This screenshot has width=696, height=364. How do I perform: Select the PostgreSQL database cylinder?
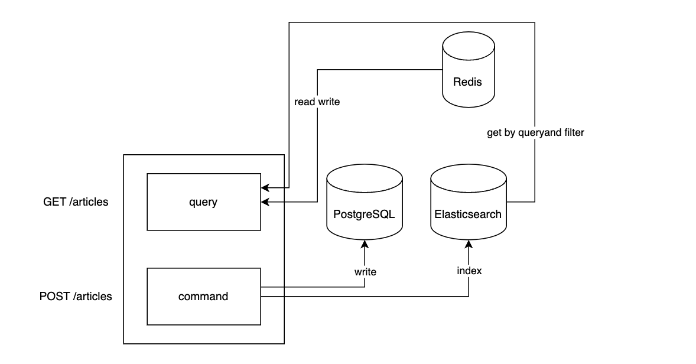365,203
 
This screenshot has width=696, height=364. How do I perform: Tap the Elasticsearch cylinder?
469,203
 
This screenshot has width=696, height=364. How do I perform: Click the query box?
203,202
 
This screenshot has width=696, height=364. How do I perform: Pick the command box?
203,297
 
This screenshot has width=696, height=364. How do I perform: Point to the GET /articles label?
76,202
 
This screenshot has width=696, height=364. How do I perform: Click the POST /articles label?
76,297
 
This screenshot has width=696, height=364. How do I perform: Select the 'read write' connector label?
317,102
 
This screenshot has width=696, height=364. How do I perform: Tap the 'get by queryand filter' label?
535,133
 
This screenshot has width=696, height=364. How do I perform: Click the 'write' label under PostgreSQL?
365,272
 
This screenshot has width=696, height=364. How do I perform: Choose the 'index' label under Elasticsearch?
469,271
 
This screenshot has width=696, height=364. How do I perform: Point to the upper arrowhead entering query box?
265,188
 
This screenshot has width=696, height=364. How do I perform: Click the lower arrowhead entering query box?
265,202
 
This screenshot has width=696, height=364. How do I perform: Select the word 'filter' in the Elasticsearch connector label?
572,133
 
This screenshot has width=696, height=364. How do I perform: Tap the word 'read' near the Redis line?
305,102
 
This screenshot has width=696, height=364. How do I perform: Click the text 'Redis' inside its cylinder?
467,82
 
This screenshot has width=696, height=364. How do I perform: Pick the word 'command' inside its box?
203,297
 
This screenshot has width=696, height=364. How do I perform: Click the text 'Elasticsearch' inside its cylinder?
469,214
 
